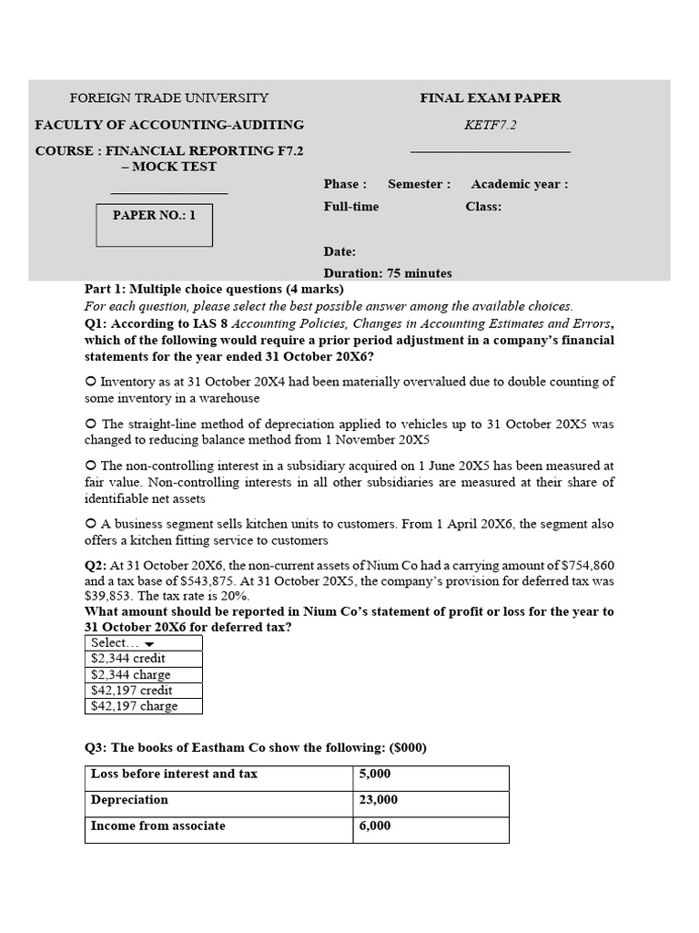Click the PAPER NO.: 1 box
click(154, 225)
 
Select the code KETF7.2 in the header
click(491, 125)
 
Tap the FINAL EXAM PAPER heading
click(491, 98)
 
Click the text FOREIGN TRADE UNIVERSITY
click(169, 98)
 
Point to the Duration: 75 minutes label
click(388, 272)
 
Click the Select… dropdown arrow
click(149, 644)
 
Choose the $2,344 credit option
click(128, 659)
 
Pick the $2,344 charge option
click(131, 675)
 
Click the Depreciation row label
click(129, 800)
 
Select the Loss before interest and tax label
click(174, 774)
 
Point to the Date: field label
click(339, 251)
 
